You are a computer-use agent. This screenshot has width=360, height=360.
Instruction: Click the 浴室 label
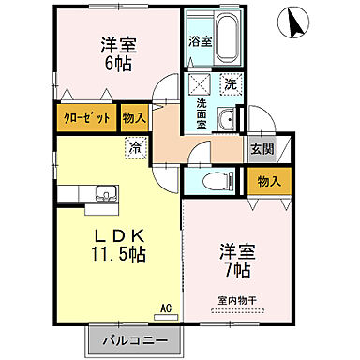pyautogui.click(x=200, y=42)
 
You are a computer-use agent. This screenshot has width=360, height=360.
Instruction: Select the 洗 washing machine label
pyautogui.click(x=232, y=83)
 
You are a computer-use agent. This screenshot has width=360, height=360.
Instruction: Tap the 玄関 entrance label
pyautogui.click(x=259, y=147)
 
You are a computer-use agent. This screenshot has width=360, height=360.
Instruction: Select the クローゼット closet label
pyautogui.click(x=87, y=118)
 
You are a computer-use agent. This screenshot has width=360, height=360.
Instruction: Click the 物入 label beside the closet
pyautogui.click(x=133, y=118)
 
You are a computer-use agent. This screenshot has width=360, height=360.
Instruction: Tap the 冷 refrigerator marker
pyautogui.click(x=135, y=146)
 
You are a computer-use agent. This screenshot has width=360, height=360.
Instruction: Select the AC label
pyautogui.click(x=165, y=307)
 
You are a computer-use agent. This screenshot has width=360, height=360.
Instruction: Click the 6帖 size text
pyautogui.click(x=117, y=62)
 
